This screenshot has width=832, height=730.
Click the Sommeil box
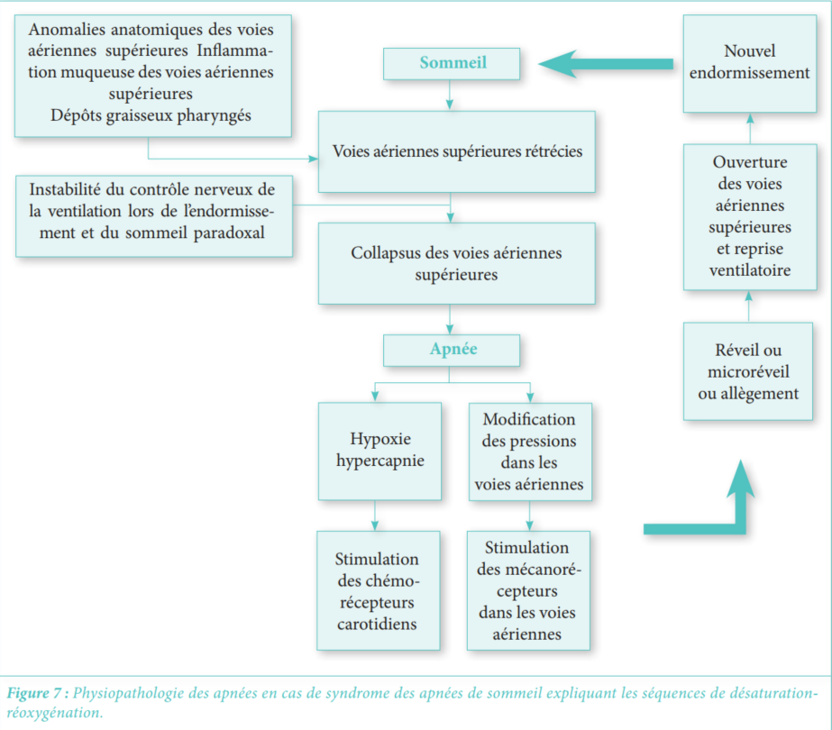pyautogui.click(x=452, y=63)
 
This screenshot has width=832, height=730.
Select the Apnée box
pyautogui.click(x=452, y=350)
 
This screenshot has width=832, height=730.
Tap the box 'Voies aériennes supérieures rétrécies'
pyautogui.click(x=456, y=151)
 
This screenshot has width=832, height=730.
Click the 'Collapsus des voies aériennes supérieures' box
pyautogui.click(x=456, y=263)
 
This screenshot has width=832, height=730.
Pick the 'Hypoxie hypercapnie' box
pyautogui.click(x=379, y=451)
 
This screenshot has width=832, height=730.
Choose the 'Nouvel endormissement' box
pyautogui.click(x=749, y=62)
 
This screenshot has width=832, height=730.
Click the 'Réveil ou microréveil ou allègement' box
pyautogui.click(x=749, y=371)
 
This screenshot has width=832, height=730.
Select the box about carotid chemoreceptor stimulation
pyautogui.click(x=378, y=590)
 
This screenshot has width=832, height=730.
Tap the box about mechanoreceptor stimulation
pyautogui.click(x=528, y=590)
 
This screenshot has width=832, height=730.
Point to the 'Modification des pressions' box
pyautogui.click(x=529, y=451)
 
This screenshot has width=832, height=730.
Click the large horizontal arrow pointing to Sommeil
pyautogui.click(x=606, y=64)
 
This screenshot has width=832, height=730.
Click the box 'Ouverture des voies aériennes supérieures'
pyautogui.click(x=749, y=216)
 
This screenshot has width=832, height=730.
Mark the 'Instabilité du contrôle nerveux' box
pyautogui.click(x=153, y=215)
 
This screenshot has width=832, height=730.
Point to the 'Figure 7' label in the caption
pyautogui.click(x=36, y=694)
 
